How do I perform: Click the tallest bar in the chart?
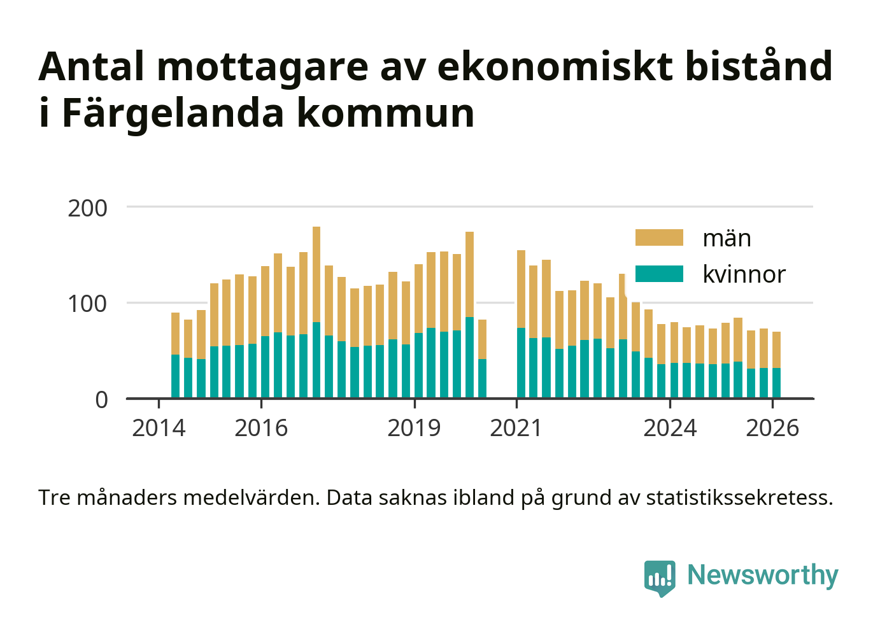click(x=316, y=312)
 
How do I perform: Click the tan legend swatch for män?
click(x=659, y=238)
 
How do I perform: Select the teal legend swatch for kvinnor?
click(x=659, y=274)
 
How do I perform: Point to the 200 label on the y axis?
click(x=88, y=208)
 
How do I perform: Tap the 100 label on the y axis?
click(x=88, y=304)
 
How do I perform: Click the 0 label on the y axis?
click(x=101, y=400)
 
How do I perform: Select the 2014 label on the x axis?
click(x=159, y=428)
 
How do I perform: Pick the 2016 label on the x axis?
click(x=261, y=428)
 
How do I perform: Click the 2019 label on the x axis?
click(x=414, y=428)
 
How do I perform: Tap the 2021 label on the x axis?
click(x=516, y=428)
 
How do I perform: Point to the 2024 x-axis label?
click(x=670, y=428)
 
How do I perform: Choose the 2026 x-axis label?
click(x=772, y=428)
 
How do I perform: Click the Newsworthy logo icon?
click(x=660, y=577)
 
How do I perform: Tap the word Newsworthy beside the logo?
click(x=762, y=576)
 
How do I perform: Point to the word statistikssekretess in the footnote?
click(x=739, y=498)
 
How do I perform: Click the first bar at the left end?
click(x=175, y=355)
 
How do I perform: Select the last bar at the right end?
click(x=776, y=365)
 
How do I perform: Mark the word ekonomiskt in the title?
click(x=555, y=66)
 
